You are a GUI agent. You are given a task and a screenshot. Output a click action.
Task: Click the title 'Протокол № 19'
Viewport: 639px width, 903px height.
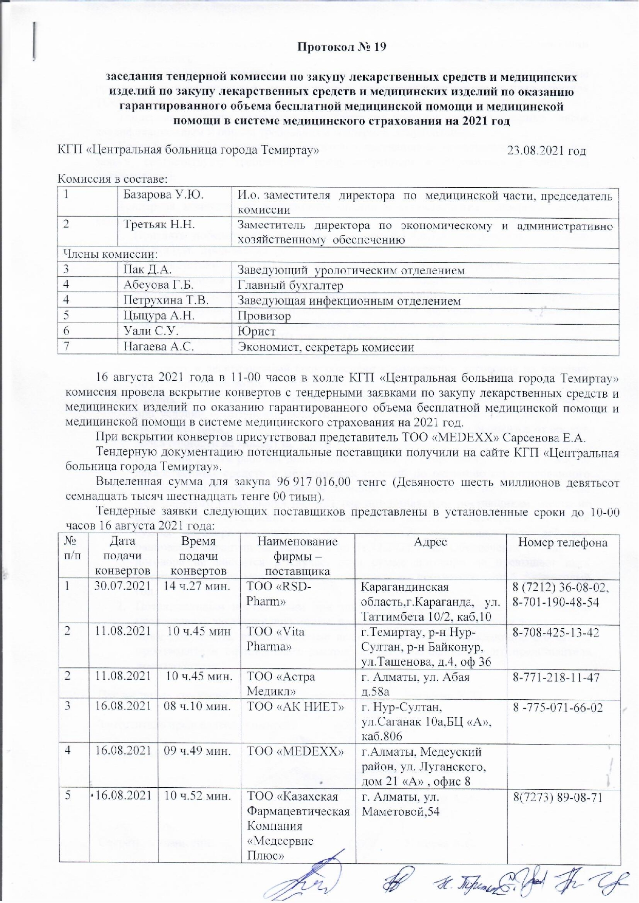coord(342,47)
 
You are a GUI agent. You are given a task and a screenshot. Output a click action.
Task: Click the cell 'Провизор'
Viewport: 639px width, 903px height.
coord(264,316)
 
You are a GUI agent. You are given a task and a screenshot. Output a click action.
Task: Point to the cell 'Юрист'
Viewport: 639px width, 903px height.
coord(256,331)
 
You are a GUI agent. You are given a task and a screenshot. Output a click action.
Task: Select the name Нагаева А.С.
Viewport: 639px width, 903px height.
coord(158,347)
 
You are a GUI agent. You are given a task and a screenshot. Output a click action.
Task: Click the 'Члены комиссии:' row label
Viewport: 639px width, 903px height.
coord(110,254)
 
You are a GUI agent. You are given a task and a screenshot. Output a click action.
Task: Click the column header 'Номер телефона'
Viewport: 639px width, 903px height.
coord(563,542)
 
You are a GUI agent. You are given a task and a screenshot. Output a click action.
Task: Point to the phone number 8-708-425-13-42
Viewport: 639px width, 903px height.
coord(556,632)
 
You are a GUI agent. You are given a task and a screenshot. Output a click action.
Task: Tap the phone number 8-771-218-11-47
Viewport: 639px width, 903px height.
coord(556,677)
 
